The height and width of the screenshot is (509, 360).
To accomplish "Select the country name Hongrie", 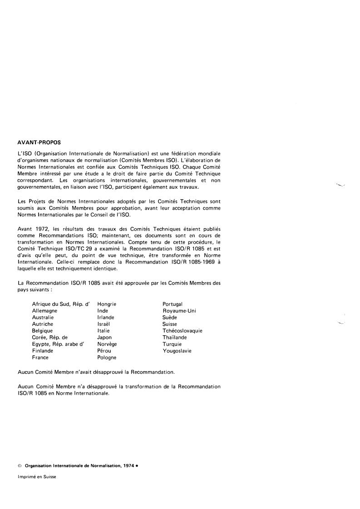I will point(107,304).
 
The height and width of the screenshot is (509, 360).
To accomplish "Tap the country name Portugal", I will point(173,304).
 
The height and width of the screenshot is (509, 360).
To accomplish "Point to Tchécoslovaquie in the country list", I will point(182,331).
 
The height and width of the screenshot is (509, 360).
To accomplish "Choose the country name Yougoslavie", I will point(177,351).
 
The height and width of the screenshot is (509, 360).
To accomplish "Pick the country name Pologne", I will point(107,357).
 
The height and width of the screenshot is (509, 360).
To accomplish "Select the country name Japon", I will point(104,338).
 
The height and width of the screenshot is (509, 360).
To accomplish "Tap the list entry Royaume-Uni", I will point(179,311).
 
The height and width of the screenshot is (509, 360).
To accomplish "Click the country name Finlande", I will point(43,351).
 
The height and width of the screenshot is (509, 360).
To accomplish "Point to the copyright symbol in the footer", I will point(20,466).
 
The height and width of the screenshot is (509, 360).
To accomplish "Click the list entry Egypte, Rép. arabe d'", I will point(58,344).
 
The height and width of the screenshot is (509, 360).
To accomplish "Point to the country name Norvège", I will point(107,344).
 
